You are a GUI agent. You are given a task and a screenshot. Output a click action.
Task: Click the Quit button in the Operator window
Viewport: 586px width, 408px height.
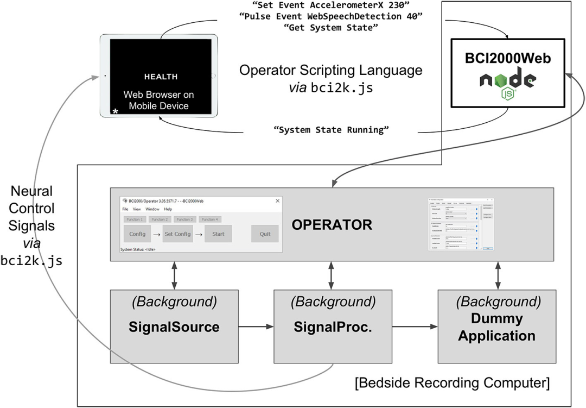[x=265, y=234]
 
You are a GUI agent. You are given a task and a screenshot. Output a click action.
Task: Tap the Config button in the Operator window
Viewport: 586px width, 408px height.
[x=137, y=234]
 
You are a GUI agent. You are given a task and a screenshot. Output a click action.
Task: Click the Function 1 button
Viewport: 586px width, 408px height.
[x=135, y=219]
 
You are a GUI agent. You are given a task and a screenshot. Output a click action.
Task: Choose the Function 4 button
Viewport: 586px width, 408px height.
[x=210, y=219]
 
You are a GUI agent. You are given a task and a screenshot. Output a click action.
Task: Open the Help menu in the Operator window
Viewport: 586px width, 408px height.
[x=168, y=209]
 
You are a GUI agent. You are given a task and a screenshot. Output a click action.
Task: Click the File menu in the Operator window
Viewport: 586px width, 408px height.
[x=125, y=209]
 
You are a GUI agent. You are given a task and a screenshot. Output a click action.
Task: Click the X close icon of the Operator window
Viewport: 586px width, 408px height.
[x=278, y=200]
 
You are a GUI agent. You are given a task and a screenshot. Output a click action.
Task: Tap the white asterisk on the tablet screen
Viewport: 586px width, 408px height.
[x=115, y=112]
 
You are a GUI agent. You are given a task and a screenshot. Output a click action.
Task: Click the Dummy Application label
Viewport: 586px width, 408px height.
[x=496, y=328]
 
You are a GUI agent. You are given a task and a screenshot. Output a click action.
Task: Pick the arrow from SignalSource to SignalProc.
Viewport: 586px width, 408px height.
[x=255, y=327]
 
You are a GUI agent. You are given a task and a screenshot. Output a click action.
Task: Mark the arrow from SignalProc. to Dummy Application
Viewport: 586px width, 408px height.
[x=415, y=327]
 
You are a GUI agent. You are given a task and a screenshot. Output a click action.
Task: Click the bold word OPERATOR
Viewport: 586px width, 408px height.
[x=332, y=224]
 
